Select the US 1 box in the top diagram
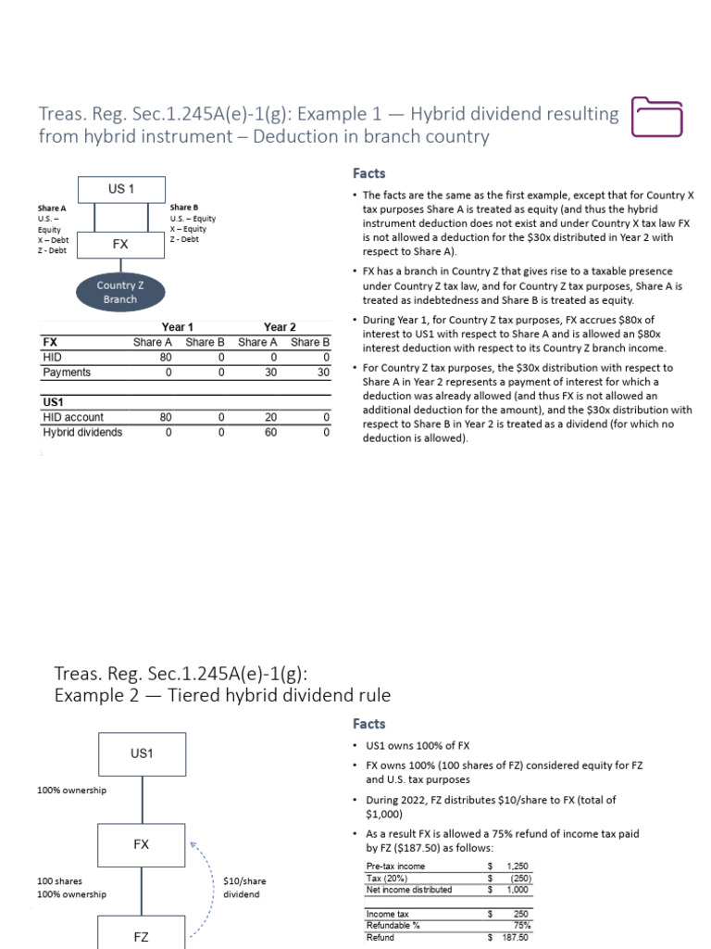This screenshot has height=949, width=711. pos(121,189)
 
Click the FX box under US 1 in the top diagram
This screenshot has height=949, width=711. pos(121,245)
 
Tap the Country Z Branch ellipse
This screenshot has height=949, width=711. pos(117,293)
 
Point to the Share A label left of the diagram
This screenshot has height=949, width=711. pos(51,209)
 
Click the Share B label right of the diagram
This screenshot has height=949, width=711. pos(183,208)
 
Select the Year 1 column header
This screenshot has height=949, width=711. pos(178,327)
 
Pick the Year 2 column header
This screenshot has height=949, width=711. pos(280,327)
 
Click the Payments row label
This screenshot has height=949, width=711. pos(67,373)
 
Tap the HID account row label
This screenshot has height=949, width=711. pos(73,417)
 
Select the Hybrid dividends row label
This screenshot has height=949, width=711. pos(82,432)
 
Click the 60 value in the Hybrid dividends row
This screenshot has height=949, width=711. pos(270,432)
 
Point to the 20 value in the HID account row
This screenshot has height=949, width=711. pos(270,417)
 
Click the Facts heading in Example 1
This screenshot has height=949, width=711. pos(368,173)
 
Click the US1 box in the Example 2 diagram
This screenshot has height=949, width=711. pos(141,753)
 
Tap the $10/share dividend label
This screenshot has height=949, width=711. pos(242,887)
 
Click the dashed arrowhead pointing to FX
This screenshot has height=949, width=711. pos(192,844)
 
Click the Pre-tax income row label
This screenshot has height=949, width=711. pos(395,867)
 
